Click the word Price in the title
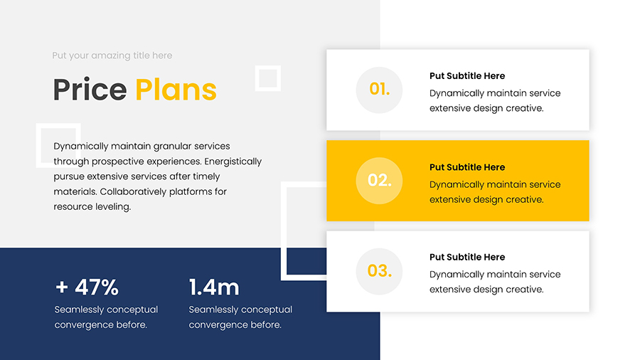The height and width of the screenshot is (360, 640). pyautogui.click(x=90, y=90)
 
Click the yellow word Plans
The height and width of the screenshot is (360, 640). pyautogui.click(x=176, y=90)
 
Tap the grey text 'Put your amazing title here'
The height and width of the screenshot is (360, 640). pyautogui.click(x=112, y=55)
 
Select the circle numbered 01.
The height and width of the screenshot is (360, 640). pyautogui.click(x=379, y=90)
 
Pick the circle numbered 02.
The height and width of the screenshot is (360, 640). pyautogui.click(x=379, y=181)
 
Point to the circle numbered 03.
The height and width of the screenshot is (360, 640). pyautogui.click(x=379, y=272)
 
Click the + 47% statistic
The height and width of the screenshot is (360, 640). pyautogui.click(x=87, y=287)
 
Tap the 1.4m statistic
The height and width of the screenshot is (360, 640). pyautogui.click(x=214, y=287)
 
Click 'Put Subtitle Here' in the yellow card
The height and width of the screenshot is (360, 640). pyautogui.click(x=467, y=167)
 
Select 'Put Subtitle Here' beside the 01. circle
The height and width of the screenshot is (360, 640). pyautogui.click(x=467, y=76)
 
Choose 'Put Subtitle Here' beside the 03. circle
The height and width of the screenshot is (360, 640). pyautogui.click(x=467, y=257)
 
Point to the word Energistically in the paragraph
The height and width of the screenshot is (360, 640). pyautogui.click(x=233, y=162)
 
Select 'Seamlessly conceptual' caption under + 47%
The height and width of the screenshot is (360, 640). pyautogui.click(x=106, y=309)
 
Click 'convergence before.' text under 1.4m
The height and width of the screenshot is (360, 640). pyautogui.click(x=235, y=325)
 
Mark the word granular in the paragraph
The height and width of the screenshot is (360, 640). pyautogui.click(x=172, y=147)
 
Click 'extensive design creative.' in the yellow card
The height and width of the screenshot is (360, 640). pyautogui.click(x=486, y=200)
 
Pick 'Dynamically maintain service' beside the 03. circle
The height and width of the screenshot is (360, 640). pyautogui.click(x=495, y=275)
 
